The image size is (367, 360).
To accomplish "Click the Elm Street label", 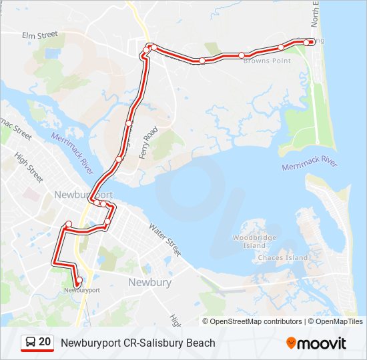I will [40, 35].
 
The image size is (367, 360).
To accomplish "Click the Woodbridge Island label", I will [250, 241].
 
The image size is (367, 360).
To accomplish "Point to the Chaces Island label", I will [283, 257].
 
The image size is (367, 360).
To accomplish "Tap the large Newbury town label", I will [149, 282].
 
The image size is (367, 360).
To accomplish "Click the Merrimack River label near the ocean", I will [310, 164].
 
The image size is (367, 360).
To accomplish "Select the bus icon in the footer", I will [31, 343].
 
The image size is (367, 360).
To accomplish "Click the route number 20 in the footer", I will [45, 343].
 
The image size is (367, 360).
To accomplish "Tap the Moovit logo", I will [316, 343].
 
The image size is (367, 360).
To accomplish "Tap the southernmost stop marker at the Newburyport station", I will [79, 281].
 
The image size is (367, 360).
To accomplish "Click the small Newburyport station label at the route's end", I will [82, 290].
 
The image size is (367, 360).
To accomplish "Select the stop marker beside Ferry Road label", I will [128, 123].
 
